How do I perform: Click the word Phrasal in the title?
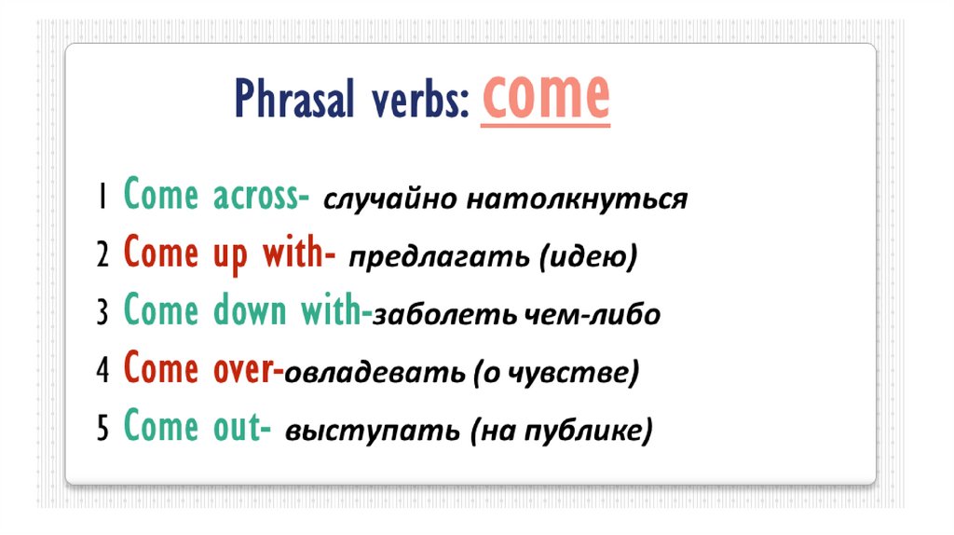tap(293, 98)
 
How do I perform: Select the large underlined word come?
tap(546, 96)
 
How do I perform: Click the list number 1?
tap(102, 197)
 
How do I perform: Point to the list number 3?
tap(102, 312)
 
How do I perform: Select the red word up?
tap(231, 254)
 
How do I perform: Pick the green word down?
tap(250, 309)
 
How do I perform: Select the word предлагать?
tap(439, 256)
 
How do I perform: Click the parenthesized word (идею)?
tap(589, 256)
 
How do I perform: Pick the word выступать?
tap(373, 431)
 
